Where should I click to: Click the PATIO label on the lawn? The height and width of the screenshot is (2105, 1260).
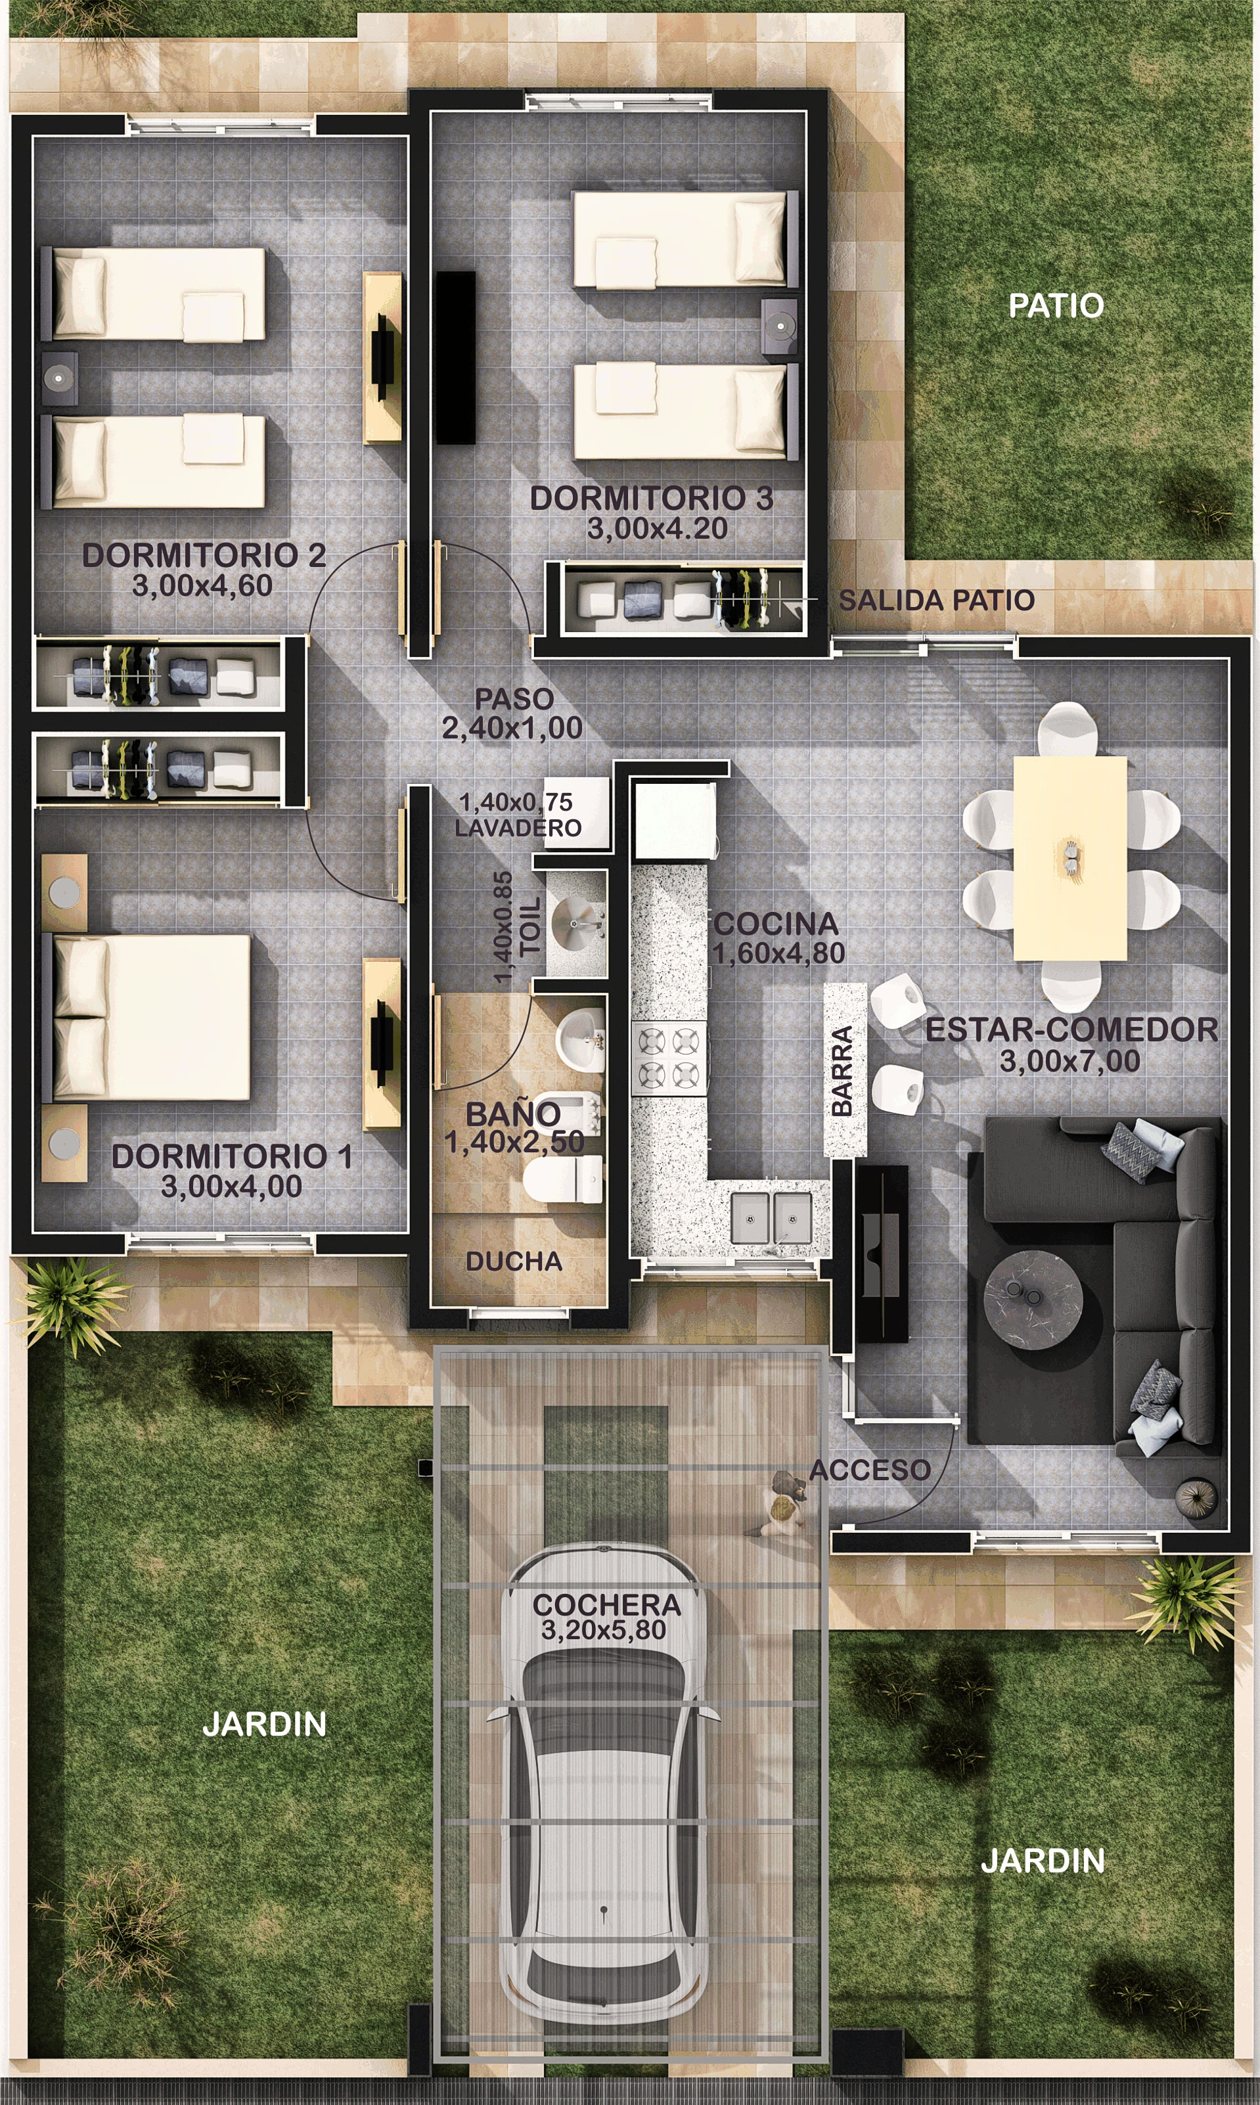point(1056,305)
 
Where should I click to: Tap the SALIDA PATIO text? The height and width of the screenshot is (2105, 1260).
point(937,600)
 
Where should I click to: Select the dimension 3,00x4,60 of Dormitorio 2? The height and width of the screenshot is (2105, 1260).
point(202,585)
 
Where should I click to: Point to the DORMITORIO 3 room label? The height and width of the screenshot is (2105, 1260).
point(651,499)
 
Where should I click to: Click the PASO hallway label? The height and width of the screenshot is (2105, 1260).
point(514,699)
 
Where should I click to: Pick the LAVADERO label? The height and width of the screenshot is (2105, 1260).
point(518,828)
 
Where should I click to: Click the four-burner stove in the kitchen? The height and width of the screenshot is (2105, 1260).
point(668,1057)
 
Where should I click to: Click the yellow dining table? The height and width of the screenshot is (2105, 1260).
point(1069,857)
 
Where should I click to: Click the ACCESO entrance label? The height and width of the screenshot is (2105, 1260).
point(870,1469)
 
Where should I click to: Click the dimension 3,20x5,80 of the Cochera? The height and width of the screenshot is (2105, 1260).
point(604,1629)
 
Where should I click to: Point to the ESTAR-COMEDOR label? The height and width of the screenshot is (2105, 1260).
point(1071,1029)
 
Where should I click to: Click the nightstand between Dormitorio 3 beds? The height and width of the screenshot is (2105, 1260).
point(778,325)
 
